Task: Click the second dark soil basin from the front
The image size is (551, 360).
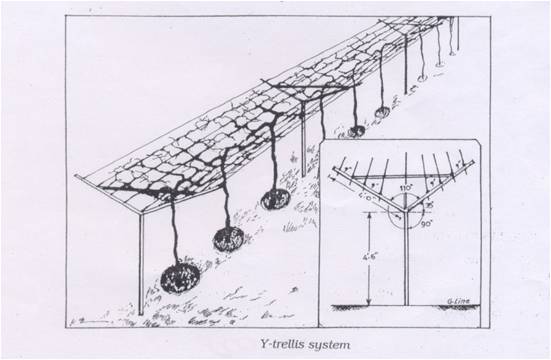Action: [x=230, y=238]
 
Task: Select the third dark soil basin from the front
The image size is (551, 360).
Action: [x=275, y=199]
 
